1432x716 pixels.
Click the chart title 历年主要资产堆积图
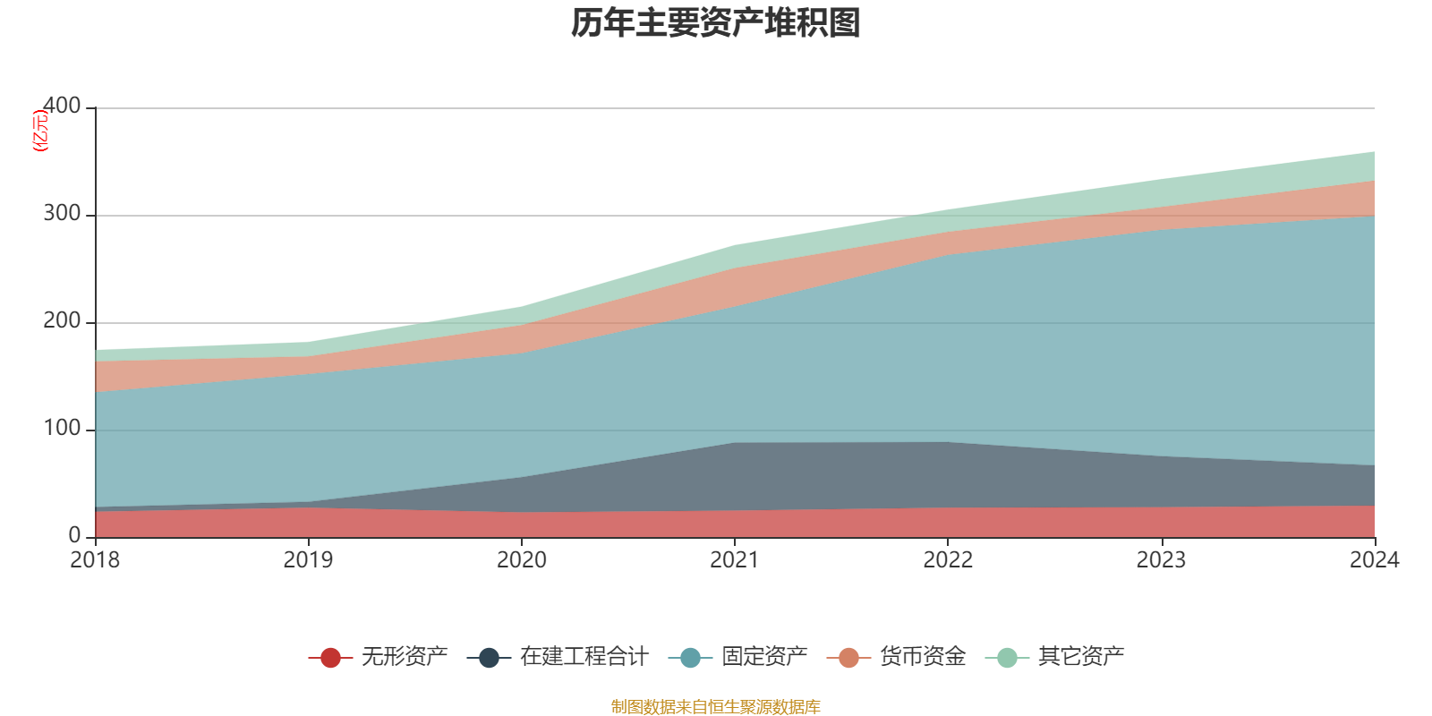tap(716, 23)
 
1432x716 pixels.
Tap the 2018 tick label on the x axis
tap(95, 560)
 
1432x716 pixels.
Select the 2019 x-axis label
tap(308, 560)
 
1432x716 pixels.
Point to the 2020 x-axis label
tap(522, 560)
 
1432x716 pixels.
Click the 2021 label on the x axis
tap(735, 560)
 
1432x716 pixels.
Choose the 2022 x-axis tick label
tap(948, 560)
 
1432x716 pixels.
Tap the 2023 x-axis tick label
tap(1161, 560)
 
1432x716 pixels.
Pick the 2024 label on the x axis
tap(1374, 560)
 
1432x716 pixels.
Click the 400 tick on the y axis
tap(62, 107)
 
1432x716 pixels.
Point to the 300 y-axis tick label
tap(62, 214)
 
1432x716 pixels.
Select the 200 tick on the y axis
tap(62, 321)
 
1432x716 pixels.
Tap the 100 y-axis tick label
tap(62, 429)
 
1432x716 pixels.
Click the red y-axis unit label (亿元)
tap(40, 131)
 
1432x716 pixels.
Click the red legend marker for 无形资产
tap(330, 658)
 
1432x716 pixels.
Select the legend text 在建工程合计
tap(584, 657)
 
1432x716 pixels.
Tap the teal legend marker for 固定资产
tap(690, 658)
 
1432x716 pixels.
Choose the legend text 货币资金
tap(923, 657)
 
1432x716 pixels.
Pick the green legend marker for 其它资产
tap(1007, 658)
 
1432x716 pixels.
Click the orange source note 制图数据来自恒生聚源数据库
tap(716, 707)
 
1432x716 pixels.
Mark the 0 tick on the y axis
tap(74, 536)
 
